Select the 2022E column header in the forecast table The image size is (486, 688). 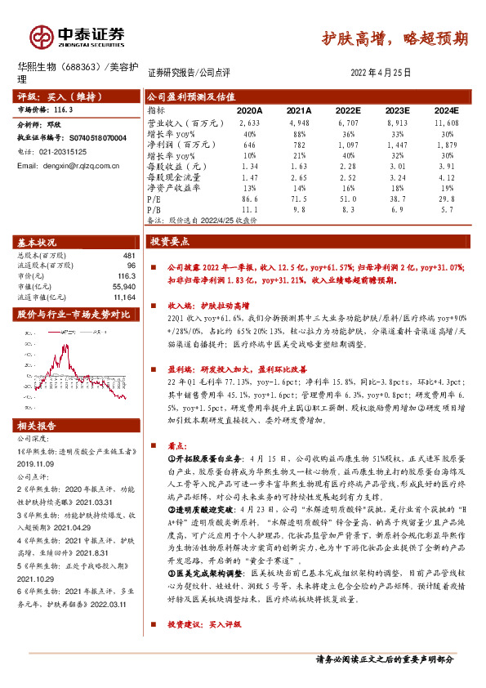pos(347,109)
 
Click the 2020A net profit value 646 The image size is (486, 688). pos(250,143)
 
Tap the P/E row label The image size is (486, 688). pos(154,198)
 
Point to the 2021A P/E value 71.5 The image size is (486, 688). pos(299,198)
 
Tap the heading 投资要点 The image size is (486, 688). pos(169,243)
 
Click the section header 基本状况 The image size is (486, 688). pos(37,243)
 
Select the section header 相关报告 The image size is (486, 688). pos(37,426)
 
